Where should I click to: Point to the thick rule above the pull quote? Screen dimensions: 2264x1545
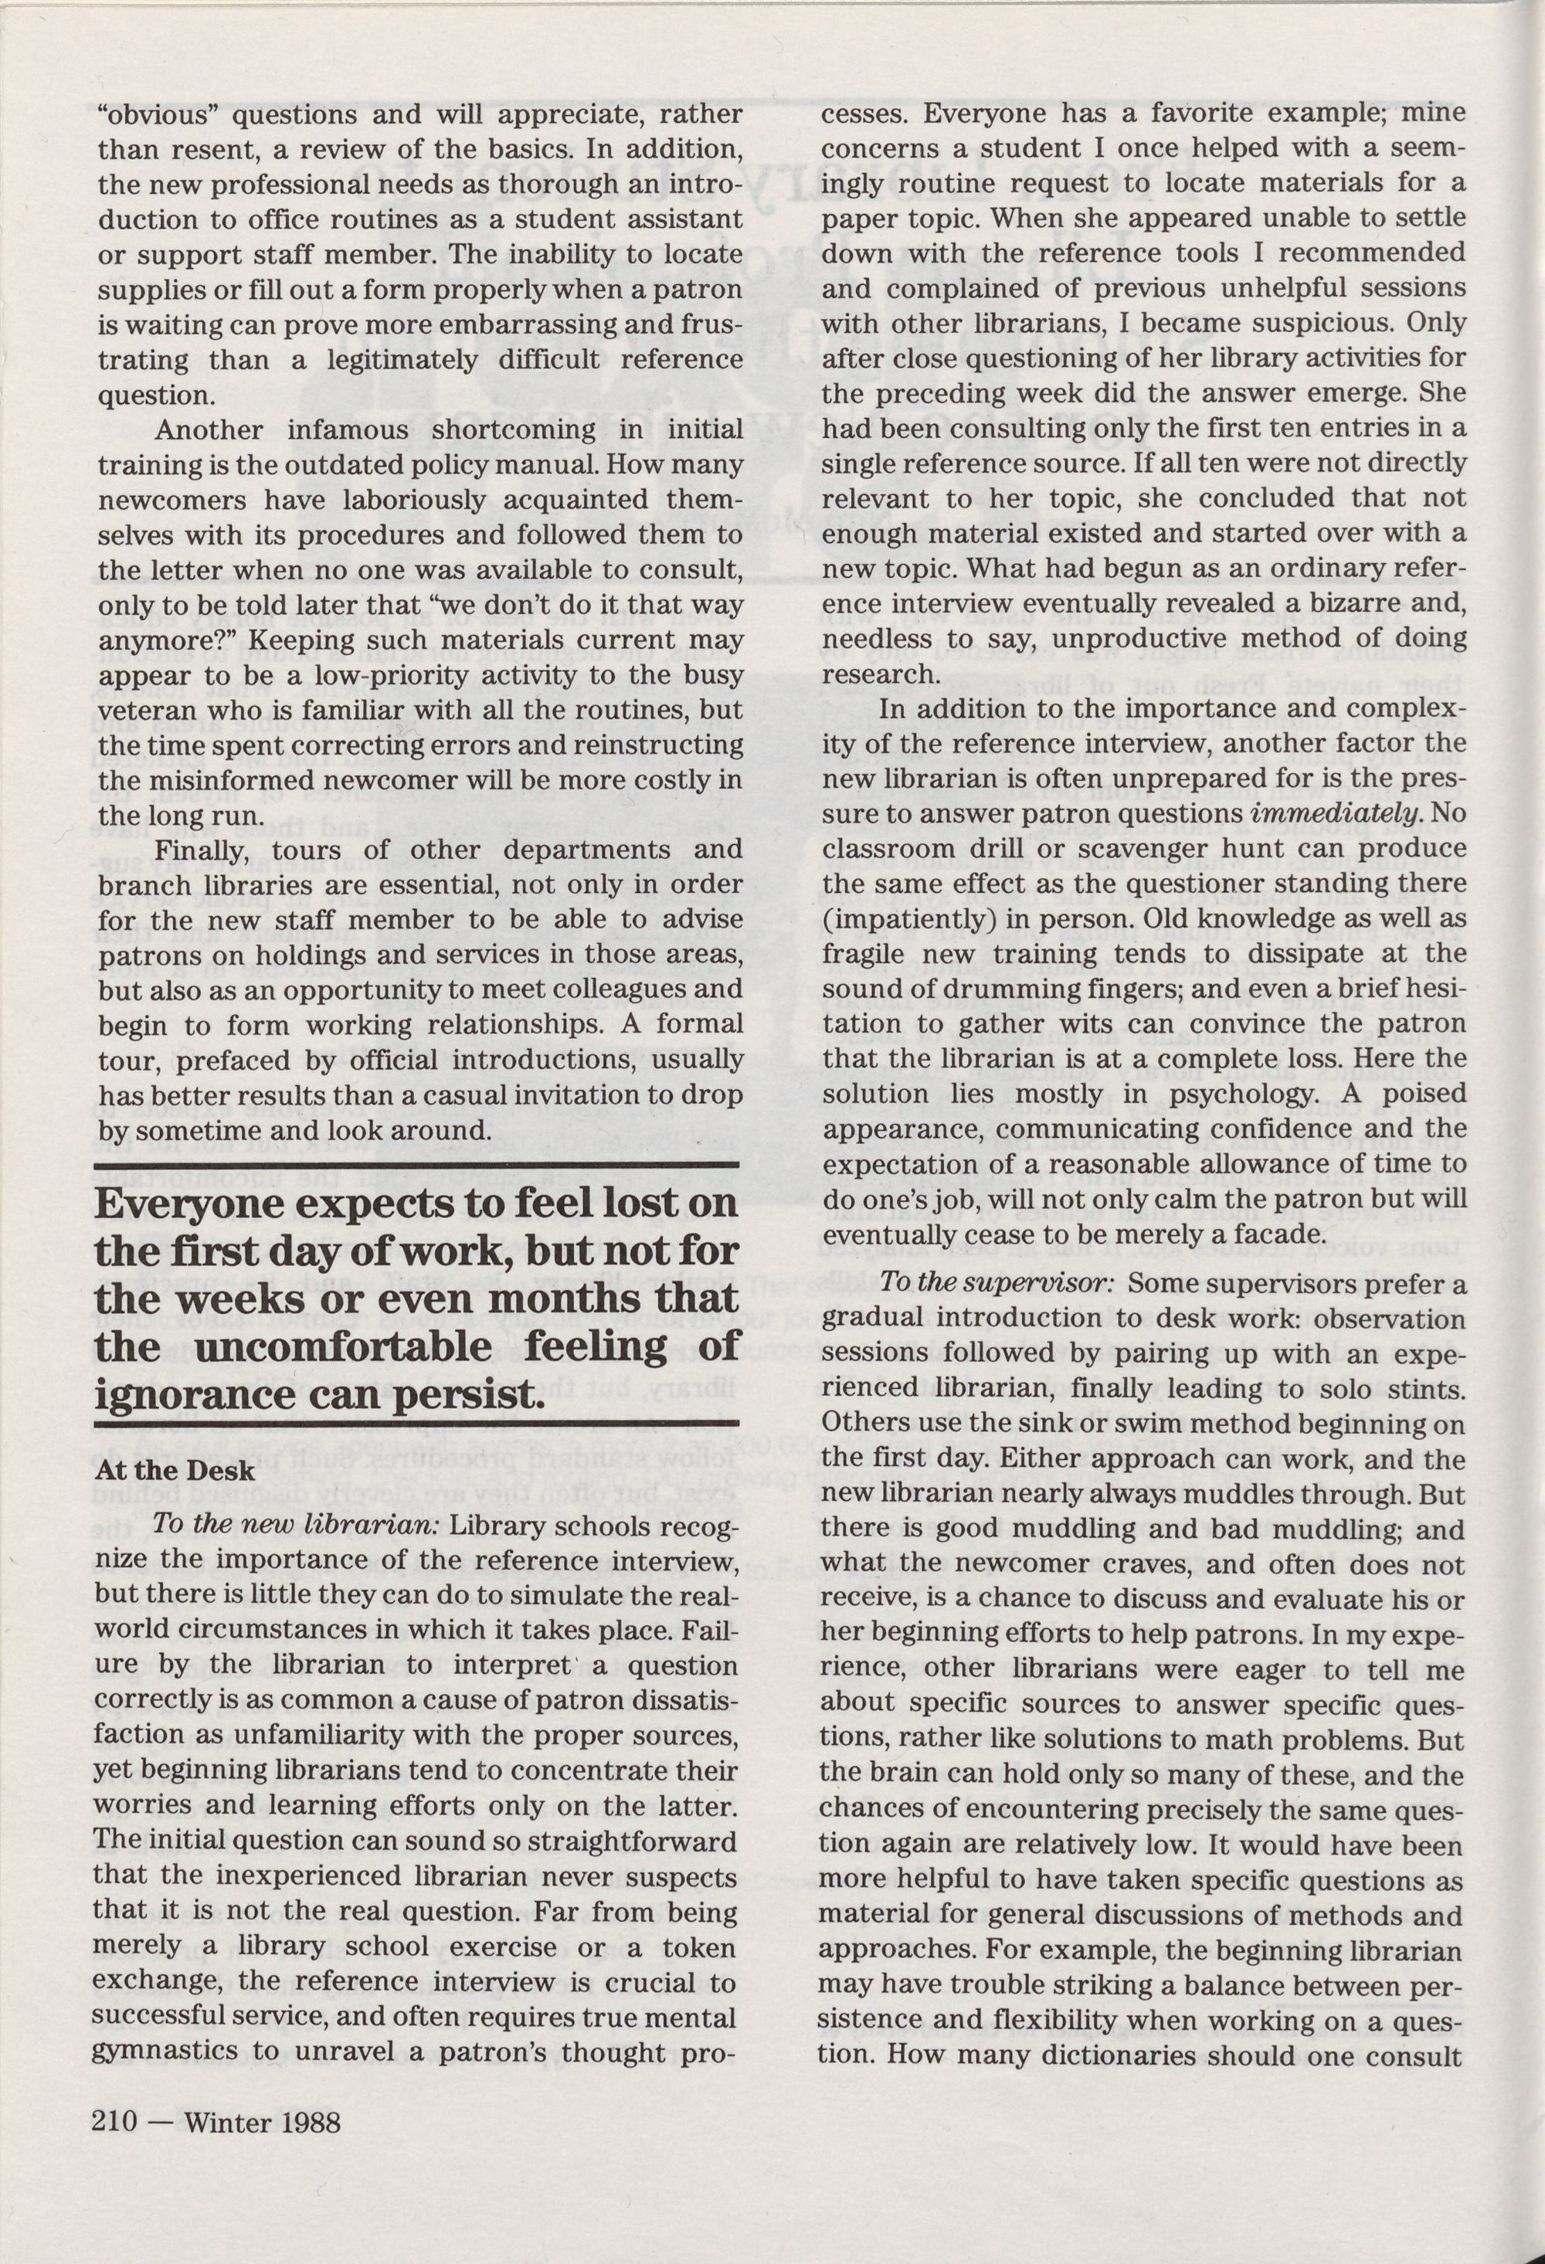pos(417,1166)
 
